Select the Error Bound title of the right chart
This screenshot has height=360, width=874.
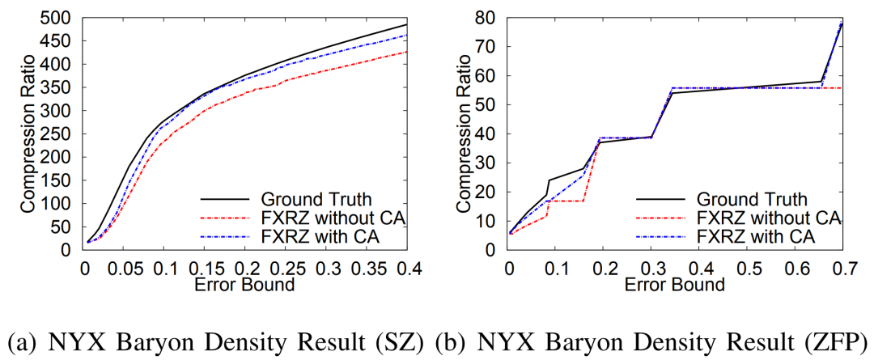click(674, 284)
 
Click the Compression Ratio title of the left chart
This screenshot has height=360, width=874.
click(28, 133)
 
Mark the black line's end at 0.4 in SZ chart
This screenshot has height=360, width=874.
click(406, 25)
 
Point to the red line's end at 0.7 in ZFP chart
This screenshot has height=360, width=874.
click(842, 87)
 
